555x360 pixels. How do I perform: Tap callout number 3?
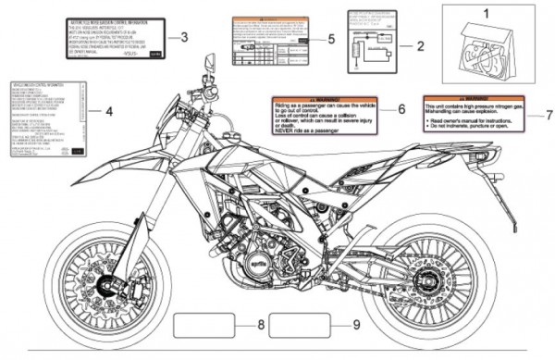185,37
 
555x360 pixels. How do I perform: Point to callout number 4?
108,112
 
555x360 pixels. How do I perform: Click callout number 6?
401,108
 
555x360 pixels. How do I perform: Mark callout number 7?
547,116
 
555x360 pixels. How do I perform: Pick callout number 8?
261,325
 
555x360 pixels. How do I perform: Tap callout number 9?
357,325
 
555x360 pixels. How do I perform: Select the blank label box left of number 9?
299,325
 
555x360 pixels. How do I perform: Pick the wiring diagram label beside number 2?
373,41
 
